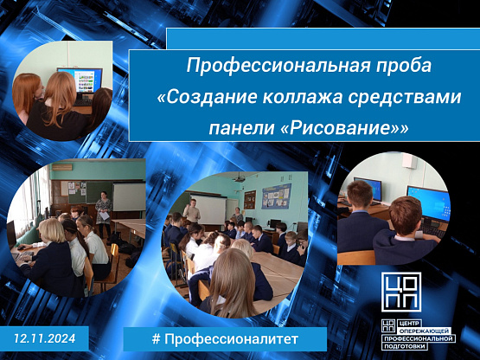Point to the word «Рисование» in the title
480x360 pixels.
coord(339,129)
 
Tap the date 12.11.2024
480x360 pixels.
coord(45,338)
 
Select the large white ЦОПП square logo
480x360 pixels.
coord(401,292)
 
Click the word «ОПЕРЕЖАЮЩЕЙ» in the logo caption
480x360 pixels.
coord(426,331)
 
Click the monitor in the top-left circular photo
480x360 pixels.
coord(80,80)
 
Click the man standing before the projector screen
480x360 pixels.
coord(192,211)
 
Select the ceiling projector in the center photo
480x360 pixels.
coord(240,177)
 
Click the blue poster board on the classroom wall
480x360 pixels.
coord(277,196)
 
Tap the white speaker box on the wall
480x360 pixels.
coord(409,161)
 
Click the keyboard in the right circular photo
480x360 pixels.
coord(432,230)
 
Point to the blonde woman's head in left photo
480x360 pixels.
coord(52,231)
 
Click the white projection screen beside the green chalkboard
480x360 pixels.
coord(129,196)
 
